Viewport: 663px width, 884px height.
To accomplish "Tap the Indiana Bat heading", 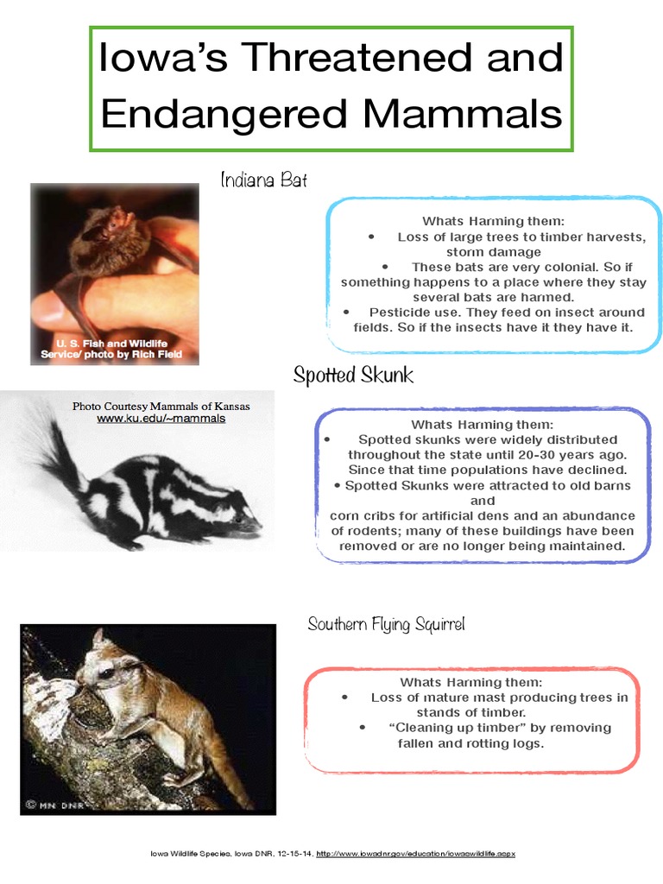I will coord(263,180).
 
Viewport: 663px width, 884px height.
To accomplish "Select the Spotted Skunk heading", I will coord(352,376).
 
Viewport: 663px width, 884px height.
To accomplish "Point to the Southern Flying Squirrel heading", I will coord(386,624).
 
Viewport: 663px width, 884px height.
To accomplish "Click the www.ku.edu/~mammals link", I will coord(161,419).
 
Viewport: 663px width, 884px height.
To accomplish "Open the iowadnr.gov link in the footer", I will coord(416,854).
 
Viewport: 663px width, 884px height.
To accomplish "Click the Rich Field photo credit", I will coord(112,355).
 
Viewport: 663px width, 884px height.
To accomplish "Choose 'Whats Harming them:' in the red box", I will coord(470,682).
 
